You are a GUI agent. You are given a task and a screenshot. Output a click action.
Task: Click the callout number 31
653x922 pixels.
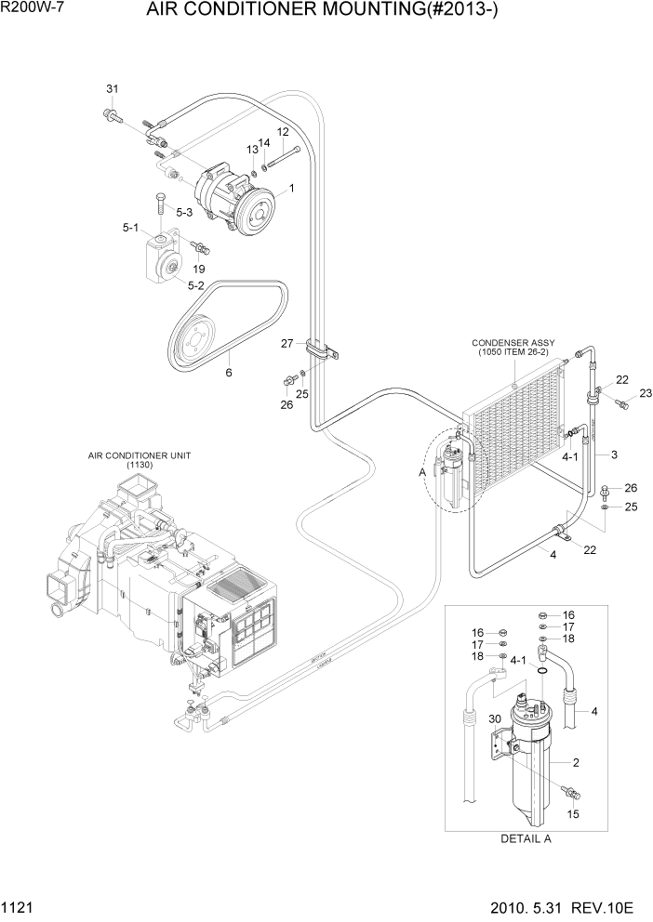point(112,89)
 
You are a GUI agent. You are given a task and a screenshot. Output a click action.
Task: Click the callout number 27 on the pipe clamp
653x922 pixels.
point(288,344)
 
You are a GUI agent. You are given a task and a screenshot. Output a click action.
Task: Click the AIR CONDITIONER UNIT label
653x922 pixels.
point(140,458)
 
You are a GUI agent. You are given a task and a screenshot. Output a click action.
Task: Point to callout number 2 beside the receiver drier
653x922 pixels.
point(576,762)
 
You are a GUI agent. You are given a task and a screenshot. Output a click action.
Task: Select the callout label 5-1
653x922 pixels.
point(130,227)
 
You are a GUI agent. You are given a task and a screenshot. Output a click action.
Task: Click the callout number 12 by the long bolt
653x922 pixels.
point(283,132)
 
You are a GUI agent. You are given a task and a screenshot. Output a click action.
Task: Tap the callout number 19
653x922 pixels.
point(199,270)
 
